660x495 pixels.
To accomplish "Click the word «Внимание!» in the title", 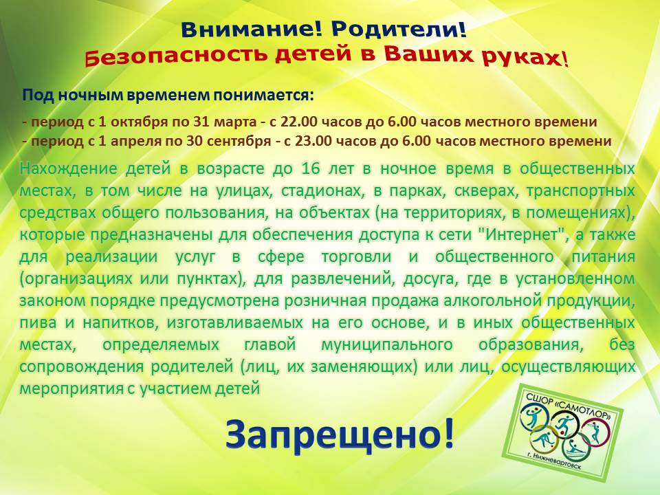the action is (x=251, y=30).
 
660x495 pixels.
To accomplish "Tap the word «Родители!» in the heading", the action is (x=399, y=30).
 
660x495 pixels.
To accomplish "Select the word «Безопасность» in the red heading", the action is (x=176, y=56).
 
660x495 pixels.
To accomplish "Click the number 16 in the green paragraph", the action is (x=311, y=168).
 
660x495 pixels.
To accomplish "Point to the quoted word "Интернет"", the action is (x=524, y=234).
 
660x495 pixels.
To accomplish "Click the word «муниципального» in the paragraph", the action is (x=387, y=344).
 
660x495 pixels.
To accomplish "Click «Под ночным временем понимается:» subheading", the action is (x=168, y=95).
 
